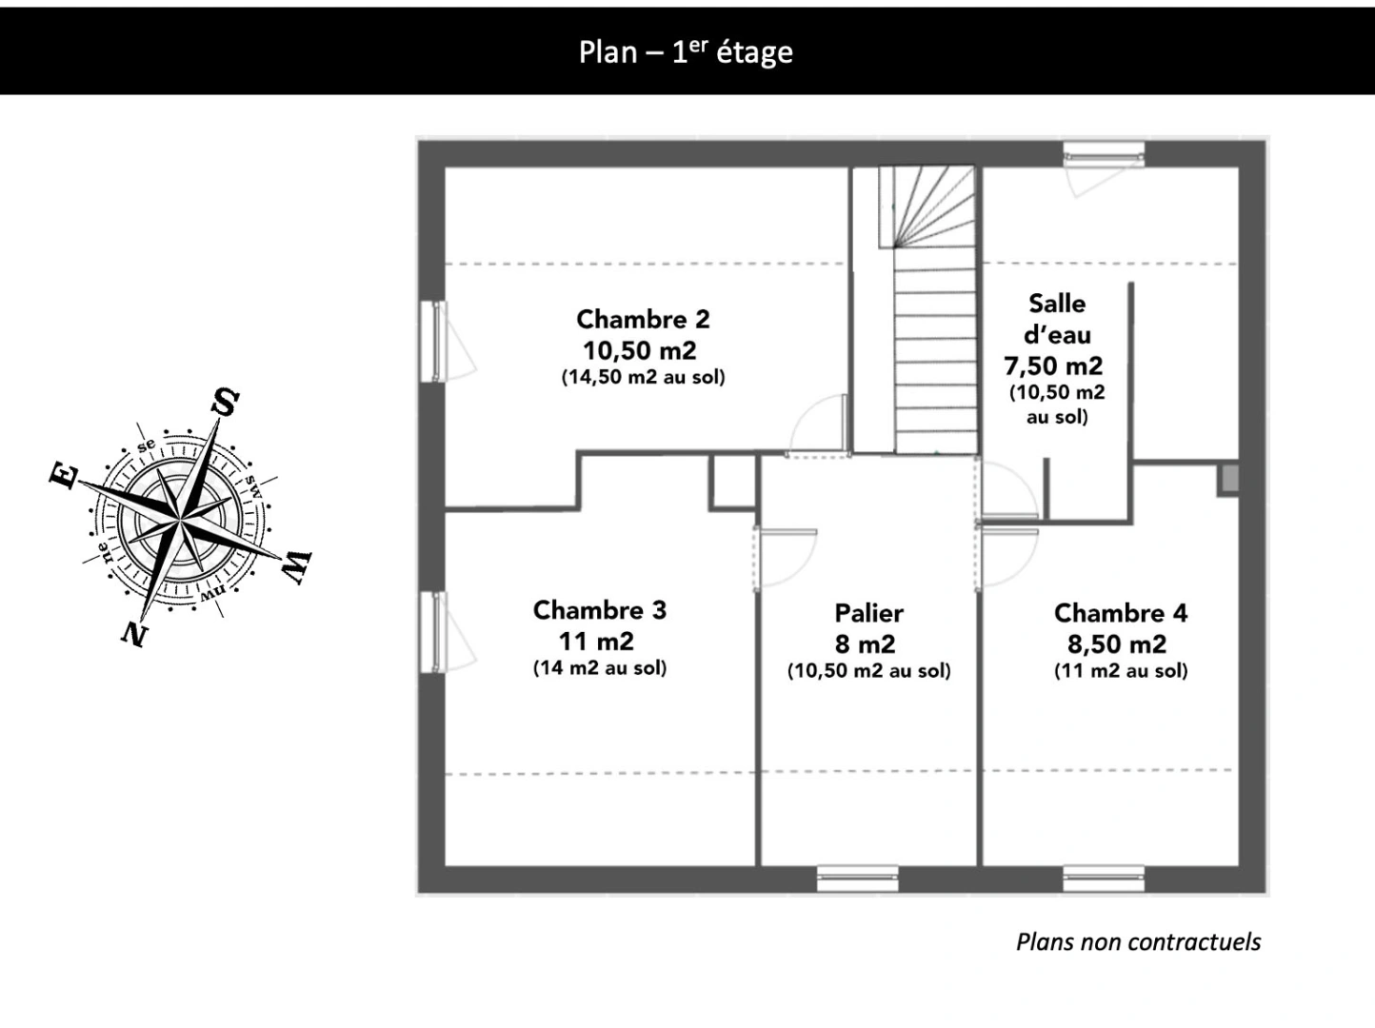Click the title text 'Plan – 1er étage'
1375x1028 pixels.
[x=686, y=51]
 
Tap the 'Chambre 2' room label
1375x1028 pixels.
[x=643, y=319]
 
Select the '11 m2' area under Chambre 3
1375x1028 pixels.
[x=596, y=641]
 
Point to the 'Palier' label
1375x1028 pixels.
[x=868, y=613]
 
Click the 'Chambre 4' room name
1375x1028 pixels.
[x=1121, y=613]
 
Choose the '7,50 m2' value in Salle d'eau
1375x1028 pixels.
[x=1053, y=366]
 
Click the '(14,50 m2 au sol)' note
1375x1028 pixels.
[x=643, y=377]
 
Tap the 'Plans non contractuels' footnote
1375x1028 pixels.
[x=1138, y=941]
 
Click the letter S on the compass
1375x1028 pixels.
[x=225, y=402]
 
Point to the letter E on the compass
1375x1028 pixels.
[x=63, y=475]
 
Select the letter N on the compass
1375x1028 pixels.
[x=134, y=633]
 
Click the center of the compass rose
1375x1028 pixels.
[x=179, y=521]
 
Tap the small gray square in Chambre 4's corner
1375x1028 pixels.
[x=1228, y=479]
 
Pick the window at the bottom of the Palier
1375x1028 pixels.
[x=857, y=878]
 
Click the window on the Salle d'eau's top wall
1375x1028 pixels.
[x=1104, y=154]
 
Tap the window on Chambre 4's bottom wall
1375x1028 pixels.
[x=1104, y=878]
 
